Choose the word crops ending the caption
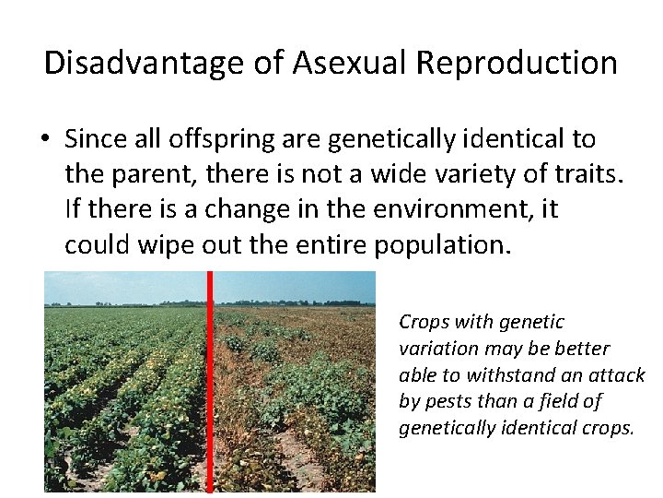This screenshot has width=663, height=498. [609, 428]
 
